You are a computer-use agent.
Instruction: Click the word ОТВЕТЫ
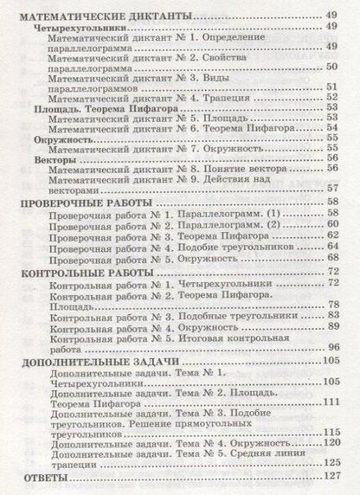pos(40,473)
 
